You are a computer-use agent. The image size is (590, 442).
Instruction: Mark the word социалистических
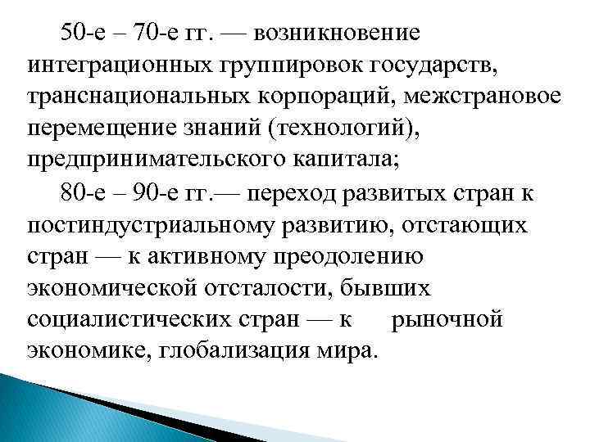(122, 318)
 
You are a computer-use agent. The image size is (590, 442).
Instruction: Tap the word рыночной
(447, 318)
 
